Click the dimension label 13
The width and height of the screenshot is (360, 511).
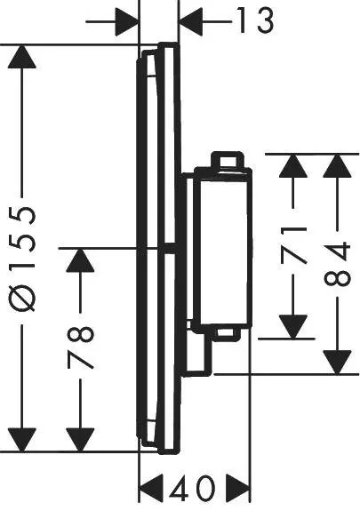(x=254, y=20)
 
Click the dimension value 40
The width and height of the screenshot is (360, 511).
(x=196, y=488)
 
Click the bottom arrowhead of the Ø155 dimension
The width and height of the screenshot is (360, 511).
(x=26, y=435)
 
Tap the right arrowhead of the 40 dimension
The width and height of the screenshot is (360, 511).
(x=238, y=488)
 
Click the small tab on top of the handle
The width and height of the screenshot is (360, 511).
(x=226, y=159)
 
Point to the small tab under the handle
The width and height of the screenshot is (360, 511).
(x=228, y=333)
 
